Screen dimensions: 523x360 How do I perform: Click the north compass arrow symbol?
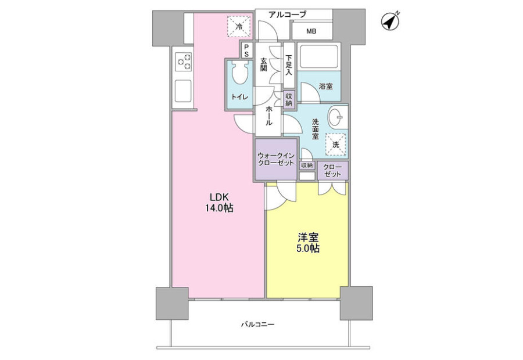pos(391,21)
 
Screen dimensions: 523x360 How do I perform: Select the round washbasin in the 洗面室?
pos(337,117)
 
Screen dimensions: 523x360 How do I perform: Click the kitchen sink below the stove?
pos(183,91)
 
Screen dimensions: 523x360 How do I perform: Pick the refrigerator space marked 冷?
pos(239,26)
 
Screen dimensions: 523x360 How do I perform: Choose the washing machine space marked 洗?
pos(335,144)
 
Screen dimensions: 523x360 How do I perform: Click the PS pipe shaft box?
pos(247,50)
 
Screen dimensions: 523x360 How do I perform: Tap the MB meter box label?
pos(311,31)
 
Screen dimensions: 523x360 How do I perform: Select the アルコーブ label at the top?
pos(287,15)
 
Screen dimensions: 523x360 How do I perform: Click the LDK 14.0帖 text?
pos(219,203)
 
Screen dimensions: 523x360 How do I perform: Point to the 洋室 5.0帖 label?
pos(308,243)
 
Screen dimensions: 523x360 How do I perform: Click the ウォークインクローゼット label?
pos(276,159)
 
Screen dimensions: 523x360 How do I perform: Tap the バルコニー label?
pos(258,324)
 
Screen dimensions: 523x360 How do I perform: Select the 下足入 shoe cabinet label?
pos(289,65)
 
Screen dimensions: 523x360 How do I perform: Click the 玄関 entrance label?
pos(263,64)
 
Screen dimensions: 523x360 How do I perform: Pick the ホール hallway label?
pos(268,116)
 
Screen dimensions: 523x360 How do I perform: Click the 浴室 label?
pos(326,87)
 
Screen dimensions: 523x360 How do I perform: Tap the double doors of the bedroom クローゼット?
pos(332,188)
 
